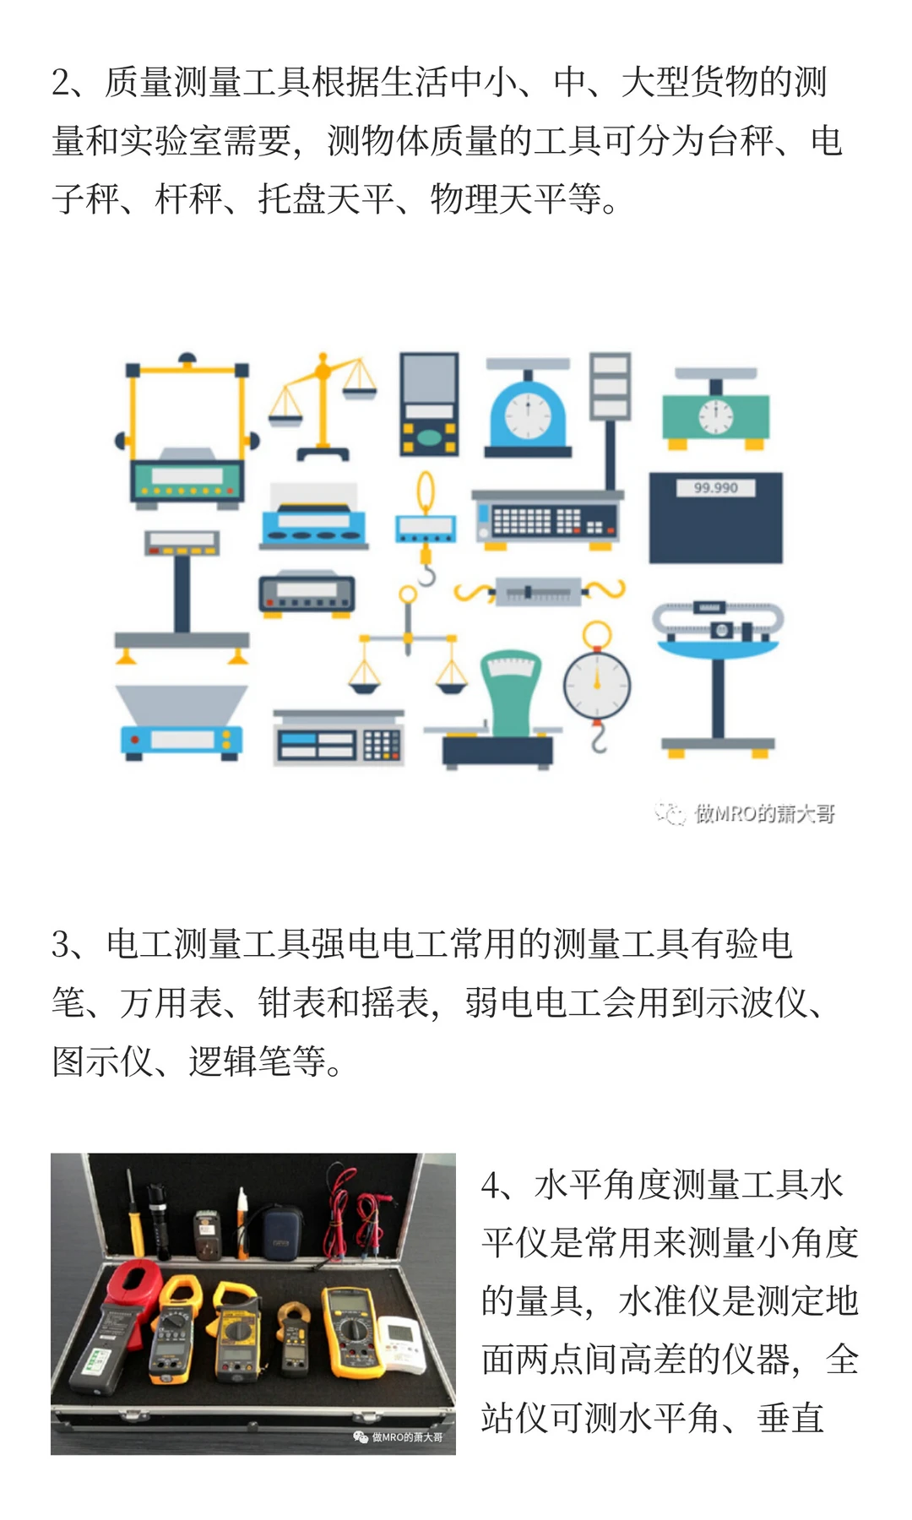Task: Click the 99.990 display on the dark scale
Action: pos(715,488)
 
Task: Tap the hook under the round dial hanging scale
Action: pos(598,740)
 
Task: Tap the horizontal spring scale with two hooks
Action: pos(539,590)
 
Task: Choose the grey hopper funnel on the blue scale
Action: pos(181,704)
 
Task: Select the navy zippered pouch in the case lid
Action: pos(281,1233)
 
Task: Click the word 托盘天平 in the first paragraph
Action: pos(326,199)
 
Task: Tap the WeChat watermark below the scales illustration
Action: pos(745,813)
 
